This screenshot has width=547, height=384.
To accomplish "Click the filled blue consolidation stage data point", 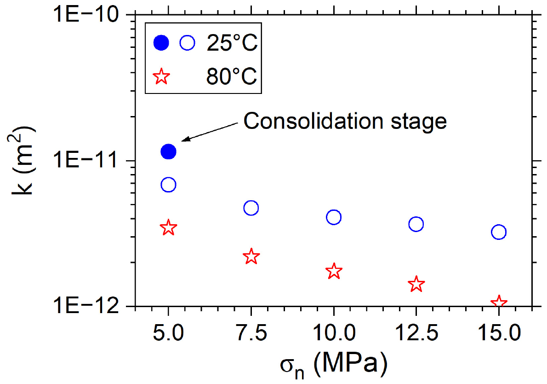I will click(x=169, y=151).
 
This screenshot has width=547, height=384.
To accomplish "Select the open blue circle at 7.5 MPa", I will click(x=251, y=208).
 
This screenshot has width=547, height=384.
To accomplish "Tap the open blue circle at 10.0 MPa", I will click(x=334, y=217).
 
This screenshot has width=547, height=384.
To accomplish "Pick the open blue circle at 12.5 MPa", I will click(x=416, y=224).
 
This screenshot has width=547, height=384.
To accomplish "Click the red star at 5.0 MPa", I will click(x=169, y=227).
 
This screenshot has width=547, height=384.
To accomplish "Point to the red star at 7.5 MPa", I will click(x=251, y=256).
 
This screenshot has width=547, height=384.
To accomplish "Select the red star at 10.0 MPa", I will click(x=334, y=271).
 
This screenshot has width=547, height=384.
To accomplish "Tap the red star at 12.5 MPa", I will click(x=416, y=284).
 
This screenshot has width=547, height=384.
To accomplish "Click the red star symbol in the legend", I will click(x=161, y=76).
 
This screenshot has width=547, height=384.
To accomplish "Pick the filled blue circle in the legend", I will click(x=161, y=43).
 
